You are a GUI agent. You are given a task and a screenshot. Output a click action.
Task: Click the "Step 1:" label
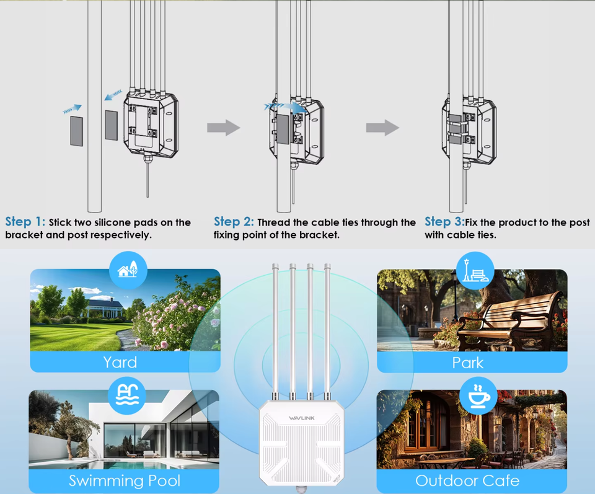click(25, 222)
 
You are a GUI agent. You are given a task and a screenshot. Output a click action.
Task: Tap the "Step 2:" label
click(234, 222)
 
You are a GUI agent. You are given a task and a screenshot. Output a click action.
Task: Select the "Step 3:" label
click(444, 222)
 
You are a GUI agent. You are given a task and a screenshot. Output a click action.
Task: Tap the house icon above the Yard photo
click(128, 270)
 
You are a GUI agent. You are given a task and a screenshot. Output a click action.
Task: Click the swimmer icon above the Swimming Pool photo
click(127, 392)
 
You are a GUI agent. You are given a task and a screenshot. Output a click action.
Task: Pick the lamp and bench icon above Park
click(474, 271)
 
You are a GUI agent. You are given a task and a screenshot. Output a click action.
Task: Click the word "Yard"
click(120, 362)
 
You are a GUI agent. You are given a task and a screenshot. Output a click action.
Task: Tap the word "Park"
click(468, 362)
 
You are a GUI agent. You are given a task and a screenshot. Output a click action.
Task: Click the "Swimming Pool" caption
click(124, 481)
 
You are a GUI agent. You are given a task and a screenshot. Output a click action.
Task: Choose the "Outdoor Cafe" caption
click(467, 481)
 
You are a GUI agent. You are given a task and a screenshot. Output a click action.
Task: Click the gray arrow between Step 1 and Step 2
click(223, 128)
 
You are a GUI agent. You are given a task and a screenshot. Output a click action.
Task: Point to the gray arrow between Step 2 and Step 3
click(382, 128)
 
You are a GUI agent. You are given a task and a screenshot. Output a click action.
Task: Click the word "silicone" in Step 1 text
click(109, 223)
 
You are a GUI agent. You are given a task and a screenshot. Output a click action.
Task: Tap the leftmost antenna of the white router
click(275, 329)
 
